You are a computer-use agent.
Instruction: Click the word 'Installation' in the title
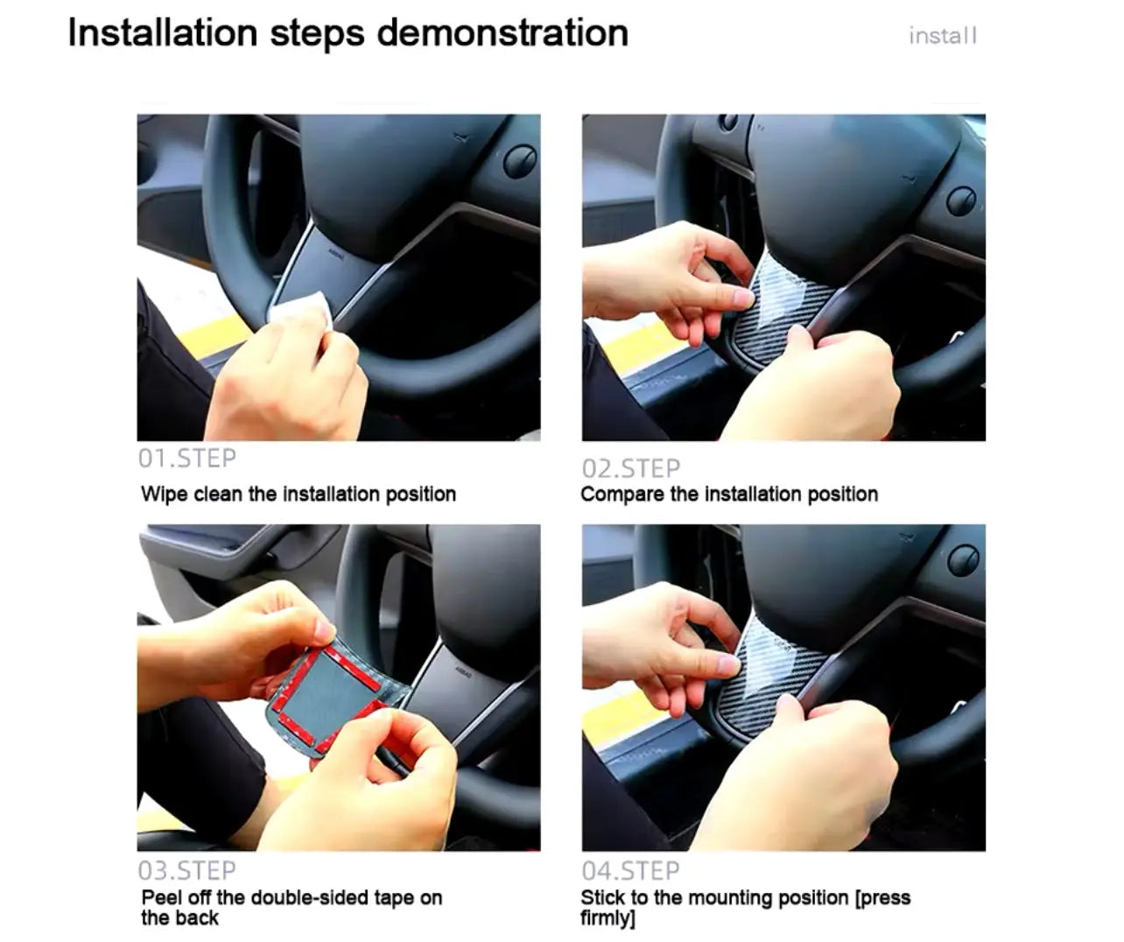[x=163, y=33]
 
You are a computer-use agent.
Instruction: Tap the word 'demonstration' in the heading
[x=502, y=33]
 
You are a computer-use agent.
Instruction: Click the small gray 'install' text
[x=943, y=36]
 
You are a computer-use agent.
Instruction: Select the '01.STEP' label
[x=186, y=459]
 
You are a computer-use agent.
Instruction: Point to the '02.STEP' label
[x=631, y=468]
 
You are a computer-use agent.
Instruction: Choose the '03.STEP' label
[x=186, y=870]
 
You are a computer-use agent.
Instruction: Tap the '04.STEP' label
[x=631, y=870]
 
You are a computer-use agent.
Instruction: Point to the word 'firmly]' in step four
[x=608, y=918]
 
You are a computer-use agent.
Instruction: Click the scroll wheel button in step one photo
[x=520, y=160]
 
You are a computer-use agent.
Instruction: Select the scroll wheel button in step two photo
[x=961, y=200]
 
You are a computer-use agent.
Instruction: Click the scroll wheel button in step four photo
[x=963, y=559]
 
